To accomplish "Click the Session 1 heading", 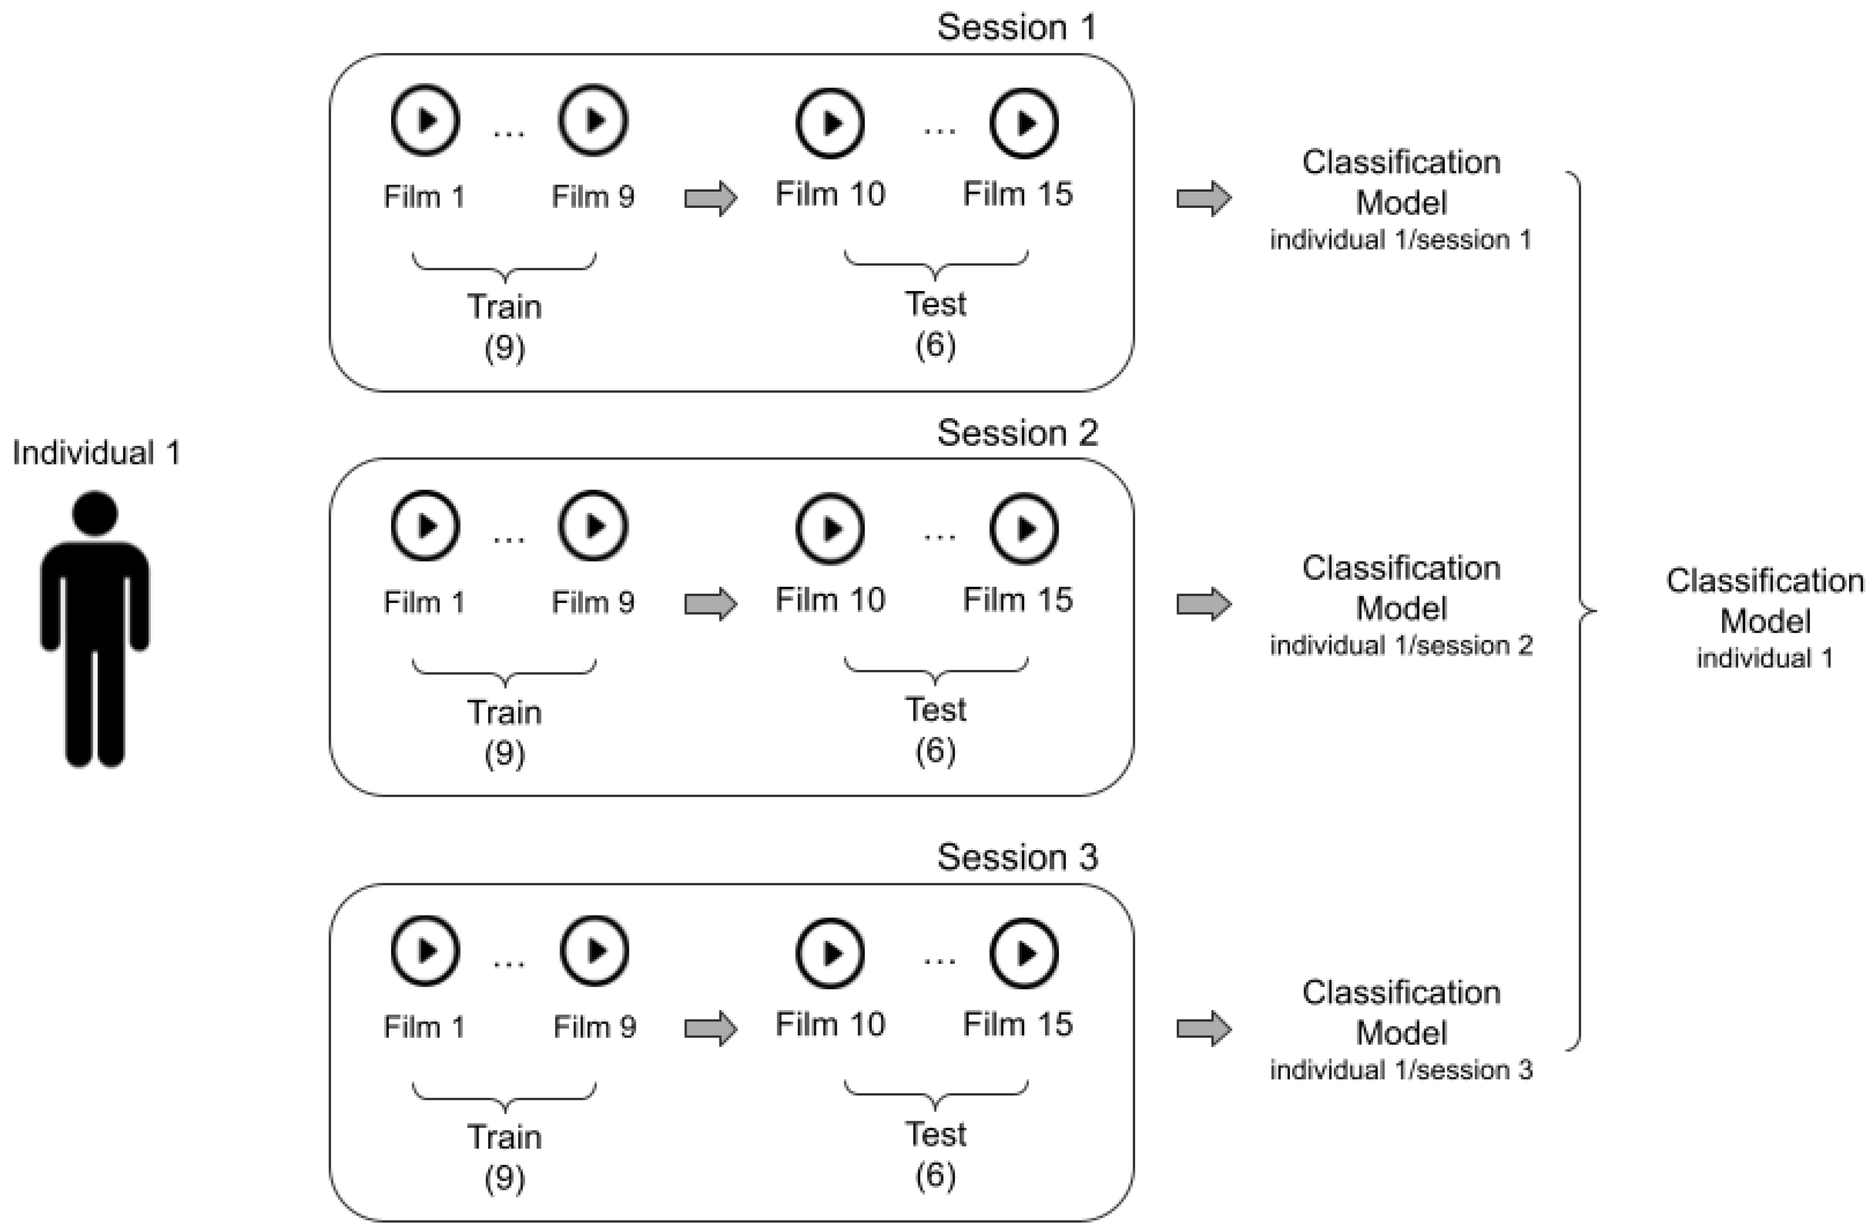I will (1016, 28).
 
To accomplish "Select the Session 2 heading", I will (1017, 433).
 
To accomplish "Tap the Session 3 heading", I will (1017, 857).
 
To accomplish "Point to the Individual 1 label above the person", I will (96, 453).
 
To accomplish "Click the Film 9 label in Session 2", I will (593, 603).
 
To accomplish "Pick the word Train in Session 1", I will (505, 307).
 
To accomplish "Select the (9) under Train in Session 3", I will (505, 1178).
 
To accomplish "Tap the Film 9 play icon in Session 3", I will (594, 951).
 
